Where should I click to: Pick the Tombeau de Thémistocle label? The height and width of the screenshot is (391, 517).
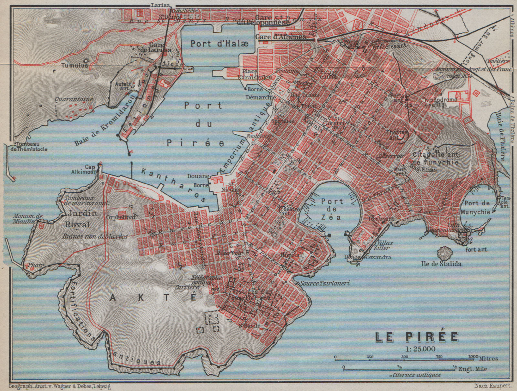28,147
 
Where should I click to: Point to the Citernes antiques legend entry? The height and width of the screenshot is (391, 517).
417,375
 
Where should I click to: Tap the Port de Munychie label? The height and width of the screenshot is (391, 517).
477,207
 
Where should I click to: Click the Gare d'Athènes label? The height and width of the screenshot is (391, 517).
280,37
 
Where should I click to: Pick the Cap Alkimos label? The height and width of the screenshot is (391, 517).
87,170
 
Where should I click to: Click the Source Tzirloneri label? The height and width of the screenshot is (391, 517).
325,283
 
